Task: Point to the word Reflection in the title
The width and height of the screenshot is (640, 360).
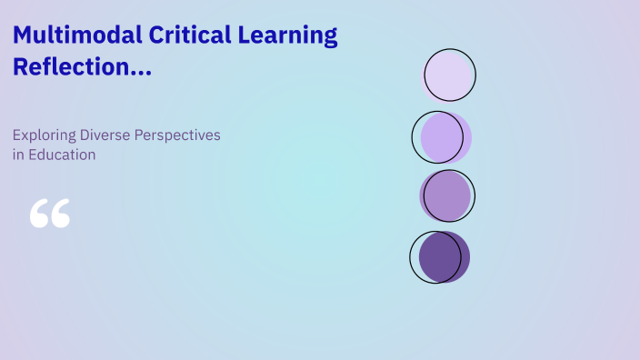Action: click(x=64, y=67)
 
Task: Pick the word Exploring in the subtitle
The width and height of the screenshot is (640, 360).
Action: click(x=44, y=135)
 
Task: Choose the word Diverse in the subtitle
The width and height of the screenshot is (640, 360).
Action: click(x=105, y=135)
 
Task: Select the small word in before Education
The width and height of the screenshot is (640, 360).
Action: click(x=17, y=155)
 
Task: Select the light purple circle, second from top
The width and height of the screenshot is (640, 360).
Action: click(x=444, y=137)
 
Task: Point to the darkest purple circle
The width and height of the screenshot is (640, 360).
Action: click(x=443, y=256)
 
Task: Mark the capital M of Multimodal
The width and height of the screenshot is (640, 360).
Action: click(x=23, y=36)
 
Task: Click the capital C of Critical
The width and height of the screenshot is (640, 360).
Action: click(x=152, y=36)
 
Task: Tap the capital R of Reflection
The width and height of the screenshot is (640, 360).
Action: click(x=21, y=66)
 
